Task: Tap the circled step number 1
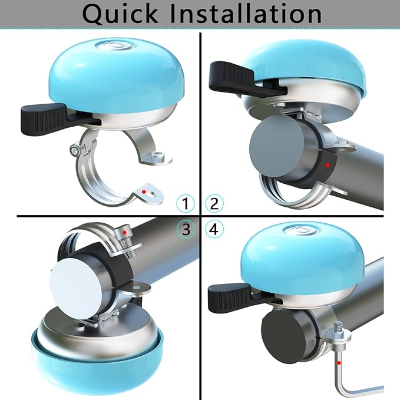pyautogui.click(x=186, y=204)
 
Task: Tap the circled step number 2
pyautogui.click(x=214, y=204)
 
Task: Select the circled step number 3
pyautogui.click(x=186, y=230)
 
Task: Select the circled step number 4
pyautogui.click(x=214, y=230)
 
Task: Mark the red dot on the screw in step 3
pyautogui.click(x=124, y=233)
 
